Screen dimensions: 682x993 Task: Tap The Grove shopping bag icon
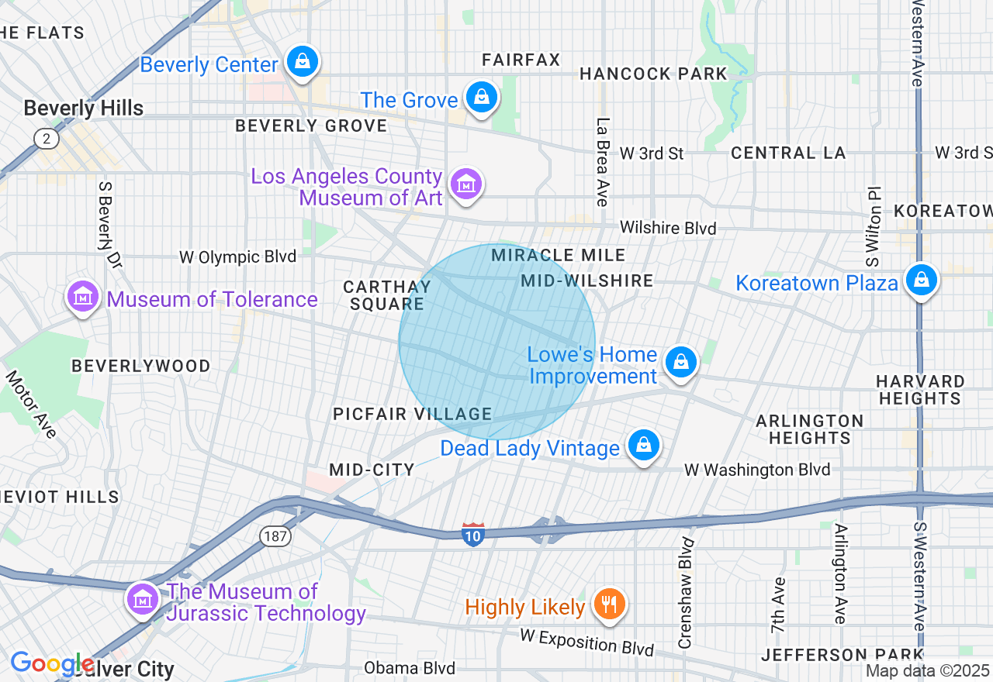click(482, 98)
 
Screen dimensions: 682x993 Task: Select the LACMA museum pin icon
click(466, 184)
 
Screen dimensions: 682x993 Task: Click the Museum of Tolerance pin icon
click(83, 297)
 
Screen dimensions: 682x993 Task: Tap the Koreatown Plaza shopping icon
click(921, 280)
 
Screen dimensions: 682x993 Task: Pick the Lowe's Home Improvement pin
click(681, 362)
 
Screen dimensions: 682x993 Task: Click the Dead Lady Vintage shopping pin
click(644, 446)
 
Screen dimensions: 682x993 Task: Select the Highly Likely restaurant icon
click(609, 604)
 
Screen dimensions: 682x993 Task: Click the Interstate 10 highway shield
click(473, 534)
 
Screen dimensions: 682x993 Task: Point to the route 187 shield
click(275, 536)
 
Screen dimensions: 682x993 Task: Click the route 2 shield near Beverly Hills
click(47, 139)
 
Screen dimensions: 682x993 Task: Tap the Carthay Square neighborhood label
click(386, 295)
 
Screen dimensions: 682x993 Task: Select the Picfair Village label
click(413, 414)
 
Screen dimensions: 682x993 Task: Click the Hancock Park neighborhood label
click(654, 74)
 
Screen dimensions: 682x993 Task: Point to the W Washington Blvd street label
click(756, 470)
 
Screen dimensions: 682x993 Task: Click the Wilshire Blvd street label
click(667, 228)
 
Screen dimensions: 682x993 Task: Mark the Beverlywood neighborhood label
click(141, 366)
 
